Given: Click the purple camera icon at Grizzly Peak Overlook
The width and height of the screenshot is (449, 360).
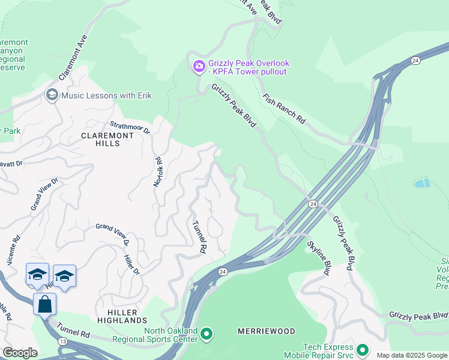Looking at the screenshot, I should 198,66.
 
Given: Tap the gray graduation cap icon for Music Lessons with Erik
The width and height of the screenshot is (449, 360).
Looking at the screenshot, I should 52,95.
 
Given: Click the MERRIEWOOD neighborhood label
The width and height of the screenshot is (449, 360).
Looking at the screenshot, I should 267,331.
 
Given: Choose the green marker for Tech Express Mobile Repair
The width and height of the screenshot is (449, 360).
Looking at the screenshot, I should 362,349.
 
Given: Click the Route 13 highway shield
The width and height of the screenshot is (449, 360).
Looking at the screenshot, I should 46,341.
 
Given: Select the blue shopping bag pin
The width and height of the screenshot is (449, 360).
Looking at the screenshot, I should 44,304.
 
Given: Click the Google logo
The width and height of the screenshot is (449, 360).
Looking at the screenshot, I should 20,353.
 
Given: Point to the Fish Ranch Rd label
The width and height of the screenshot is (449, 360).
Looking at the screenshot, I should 284,109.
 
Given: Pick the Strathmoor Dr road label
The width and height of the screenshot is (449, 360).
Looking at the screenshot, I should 129,126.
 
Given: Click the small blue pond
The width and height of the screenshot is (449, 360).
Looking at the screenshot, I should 422,183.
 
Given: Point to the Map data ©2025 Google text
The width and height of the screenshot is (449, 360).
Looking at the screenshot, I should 412,355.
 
